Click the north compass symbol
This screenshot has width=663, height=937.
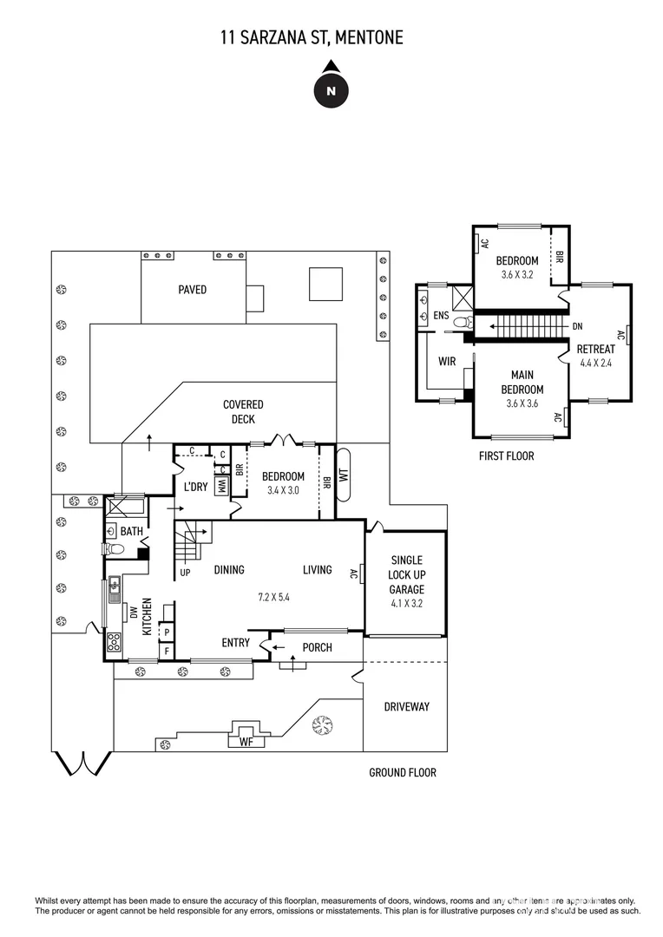coord(330,88)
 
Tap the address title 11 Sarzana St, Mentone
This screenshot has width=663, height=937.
coord(312,37)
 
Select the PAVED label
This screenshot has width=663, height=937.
coord(193,289)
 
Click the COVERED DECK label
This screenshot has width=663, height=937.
coord(243,411)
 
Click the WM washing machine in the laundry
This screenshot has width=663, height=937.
coord(221,486)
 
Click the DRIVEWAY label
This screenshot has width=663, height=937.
coord(406,706)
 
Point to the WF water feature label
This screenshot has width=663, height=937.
coord(246,742)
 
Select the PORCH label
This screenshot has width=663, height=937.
coord(318,647)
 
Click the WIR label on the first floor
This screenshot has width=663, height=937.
coord(447,360)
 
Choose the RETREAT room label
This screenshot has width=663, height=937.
coord(596,349)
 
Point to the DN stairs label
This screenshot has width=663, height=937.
coord(578,327)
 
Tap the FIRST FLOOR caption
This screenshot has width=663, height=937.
coord(507,455)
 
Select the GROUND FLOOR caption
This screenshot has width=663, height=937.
coord(403,772)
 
